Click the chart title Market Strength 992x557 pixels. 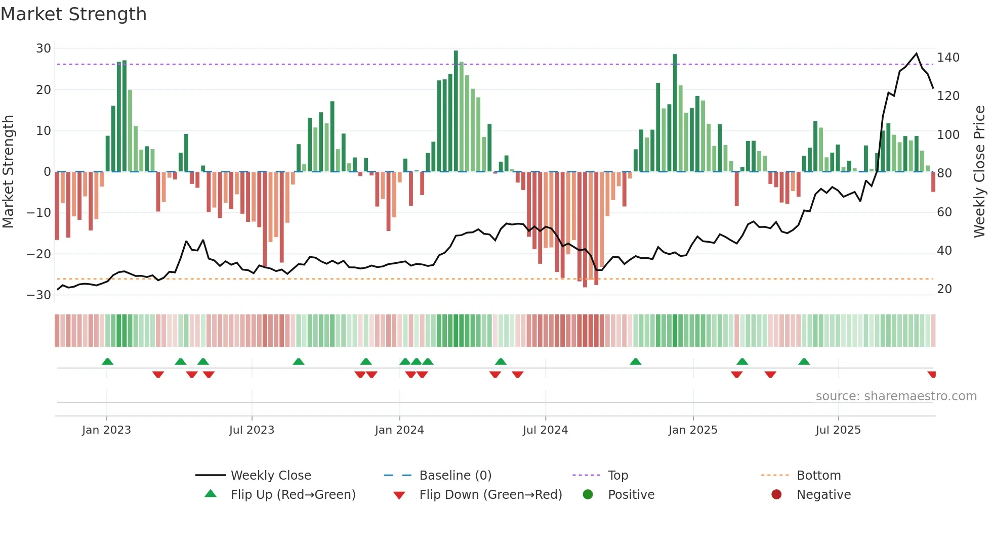click(73, 14)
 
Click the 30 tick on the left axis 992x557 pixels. click(44, 49)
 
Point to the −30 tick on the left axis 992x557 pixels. click(39, 295)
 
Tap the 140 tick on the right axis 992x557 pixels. click(948, 58)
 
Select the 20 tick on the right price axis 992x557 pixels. click(944, 289)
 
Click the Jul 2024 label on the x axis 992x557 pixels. click(545, 430)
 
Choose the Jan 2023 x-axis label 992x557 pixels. click(106, 430)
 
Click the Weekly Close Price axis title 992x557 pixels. click(979, 172)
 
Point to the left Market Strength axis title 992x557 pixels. click(8, 172)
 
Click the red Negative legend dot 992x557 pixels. click(776, 495)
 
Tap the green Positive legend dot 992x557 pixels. click(588, 495)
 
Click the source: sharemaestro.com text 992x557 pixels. click(896, 396)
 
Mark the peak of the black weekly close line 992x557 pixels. click(916, 54)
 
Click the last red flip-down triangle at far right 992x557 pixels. click(932, 375)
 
